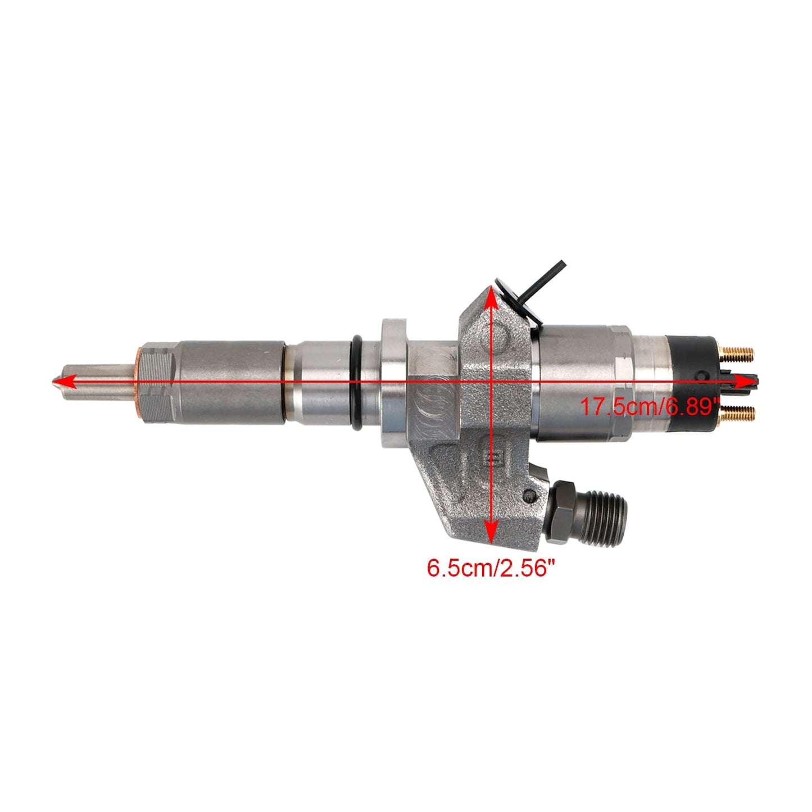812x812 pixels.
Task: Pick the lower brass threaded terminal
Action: point(737,414)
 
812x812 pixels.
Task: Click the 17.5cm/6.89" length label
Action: point(650,406)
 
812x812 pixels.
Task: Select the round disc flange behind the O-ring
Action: point(393,383)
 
